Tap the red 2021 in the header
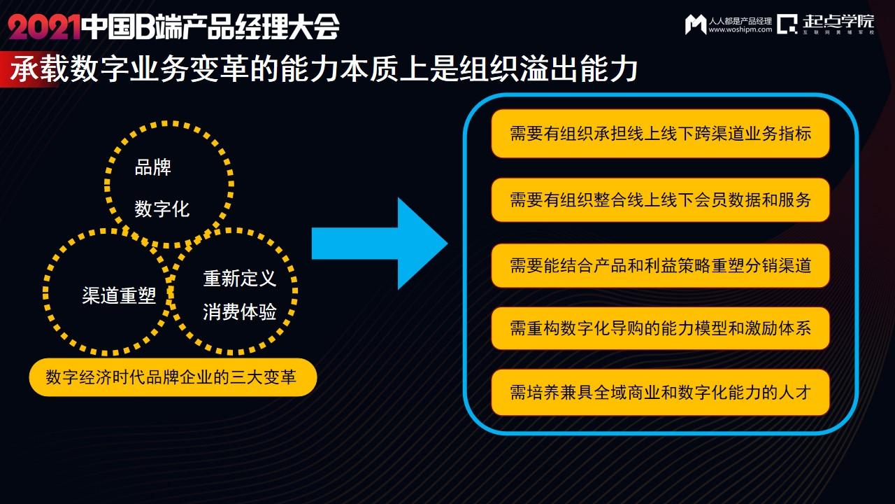click(43, 27)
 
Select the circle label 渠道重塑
click(119, 295)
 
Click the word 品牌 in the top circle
click(152, 168)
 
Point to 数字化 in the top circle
click(162, 209)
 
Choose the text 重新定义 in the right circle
click(240, 279)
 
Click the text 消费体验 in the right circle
click(240, 312)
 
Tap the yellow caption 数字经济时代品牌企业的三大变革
click(173, 378)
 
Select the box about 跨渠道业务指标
click(660, 133)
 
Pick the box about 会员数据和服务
click(660, 199)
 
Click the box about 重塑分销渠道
click(660, 265)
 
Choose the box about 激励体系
click(660, 328)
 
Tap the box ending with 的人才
click(660, 392)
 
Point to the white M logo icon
click(695, 24)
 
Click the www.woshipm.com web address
click(740, 30)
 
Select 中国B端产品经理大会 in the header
click(210, 27)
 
